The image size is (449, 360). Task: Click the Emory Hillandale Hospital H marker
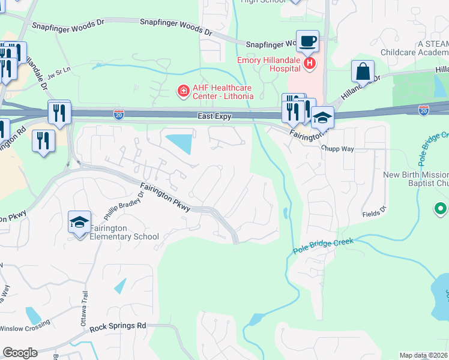click(310, 62)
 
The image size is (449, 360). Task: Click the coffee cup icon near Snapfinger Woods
click(308, 41)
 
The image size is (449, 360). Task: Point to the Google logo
click(20, 353)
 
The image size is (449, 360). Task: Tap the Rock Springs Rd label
click(118, 328)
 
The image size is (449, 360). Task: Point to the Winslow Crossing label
click(25, 328)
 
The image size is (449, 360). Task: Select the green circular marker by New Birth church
click(441, 209)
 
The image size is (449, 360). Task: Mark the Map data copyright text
click(424, 355)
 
